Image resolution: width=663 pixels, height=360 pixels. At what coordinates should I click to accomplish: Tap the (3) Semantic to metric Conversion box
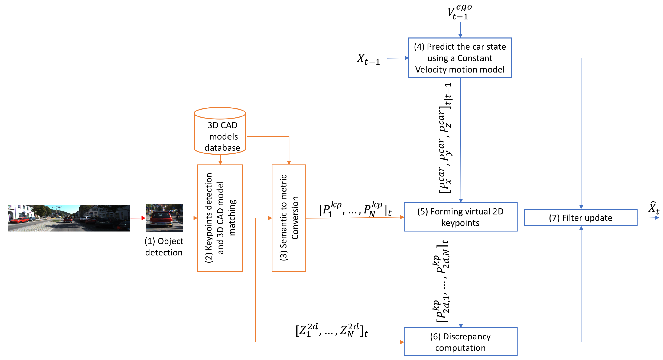tap(289, 218)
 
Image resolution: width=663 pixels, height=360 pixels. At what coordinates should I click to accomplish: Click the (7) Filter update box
tap(581, 218)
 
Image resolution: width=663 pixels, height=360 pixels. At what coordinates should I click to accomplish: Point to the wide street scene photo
tap(69, 218)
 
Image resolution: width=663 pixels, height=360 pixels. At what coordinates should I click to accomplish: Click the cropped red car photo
tap(164, 218)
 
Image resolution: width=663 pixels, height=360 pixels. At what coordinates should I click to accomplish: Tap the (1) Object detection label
tap(164, 247)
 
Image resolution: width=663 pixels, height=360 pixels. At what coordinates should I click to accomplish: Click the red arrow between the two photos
tap(138, 218)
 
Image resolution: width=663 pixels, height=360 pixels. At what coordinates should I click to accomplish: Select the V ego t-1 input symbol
tap(459, 12)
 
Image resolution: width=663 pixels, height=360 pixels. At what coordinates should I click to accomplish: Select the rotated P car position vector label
tap(445, 138)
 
